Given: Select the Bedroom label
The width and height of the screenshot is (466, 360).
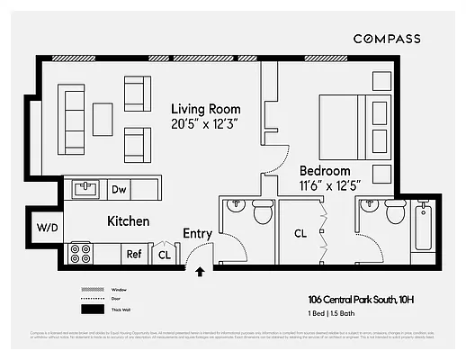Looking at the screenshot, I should coord(324,171).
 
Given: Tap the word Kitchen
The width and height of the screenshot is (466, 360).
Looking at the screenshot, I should coord(129,220).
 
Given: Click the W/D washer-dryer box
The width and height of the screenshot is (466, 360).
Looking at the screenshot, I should coord(47,227).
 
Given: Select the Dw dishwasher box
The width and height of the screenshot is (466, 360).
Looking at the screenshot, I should coord(118,190).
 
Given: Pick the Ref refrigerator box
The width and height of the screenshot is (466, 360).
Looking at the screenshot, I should coord(134,255).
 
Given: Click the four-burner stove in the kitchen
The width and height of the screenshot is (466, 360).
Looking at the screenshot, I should coord(81,253).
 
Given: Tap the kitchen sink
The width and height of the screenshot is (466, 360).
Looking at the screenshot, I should coord(86,189).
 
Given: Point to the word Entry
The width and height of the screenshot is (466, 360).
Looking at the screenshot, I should coord(197,234).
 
